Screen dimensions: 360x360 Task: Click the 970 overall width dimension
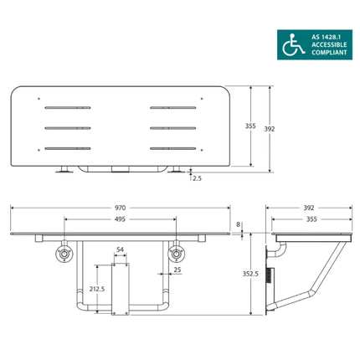coord(120,204)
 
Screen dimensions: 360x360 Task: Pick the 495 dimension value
coord(121,220)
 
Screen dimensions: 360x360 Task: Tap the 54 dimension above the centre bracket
coord(120,250)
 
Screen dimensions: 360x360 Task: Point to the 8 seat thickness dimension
coord(239,224)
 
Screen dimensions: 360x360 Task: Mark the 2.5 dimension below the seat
coord(196,178)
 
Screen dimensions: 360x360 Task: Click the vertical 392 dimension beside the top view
coord(269,129)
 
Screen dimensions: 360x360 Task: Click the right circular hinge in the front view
coord(176,254)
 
